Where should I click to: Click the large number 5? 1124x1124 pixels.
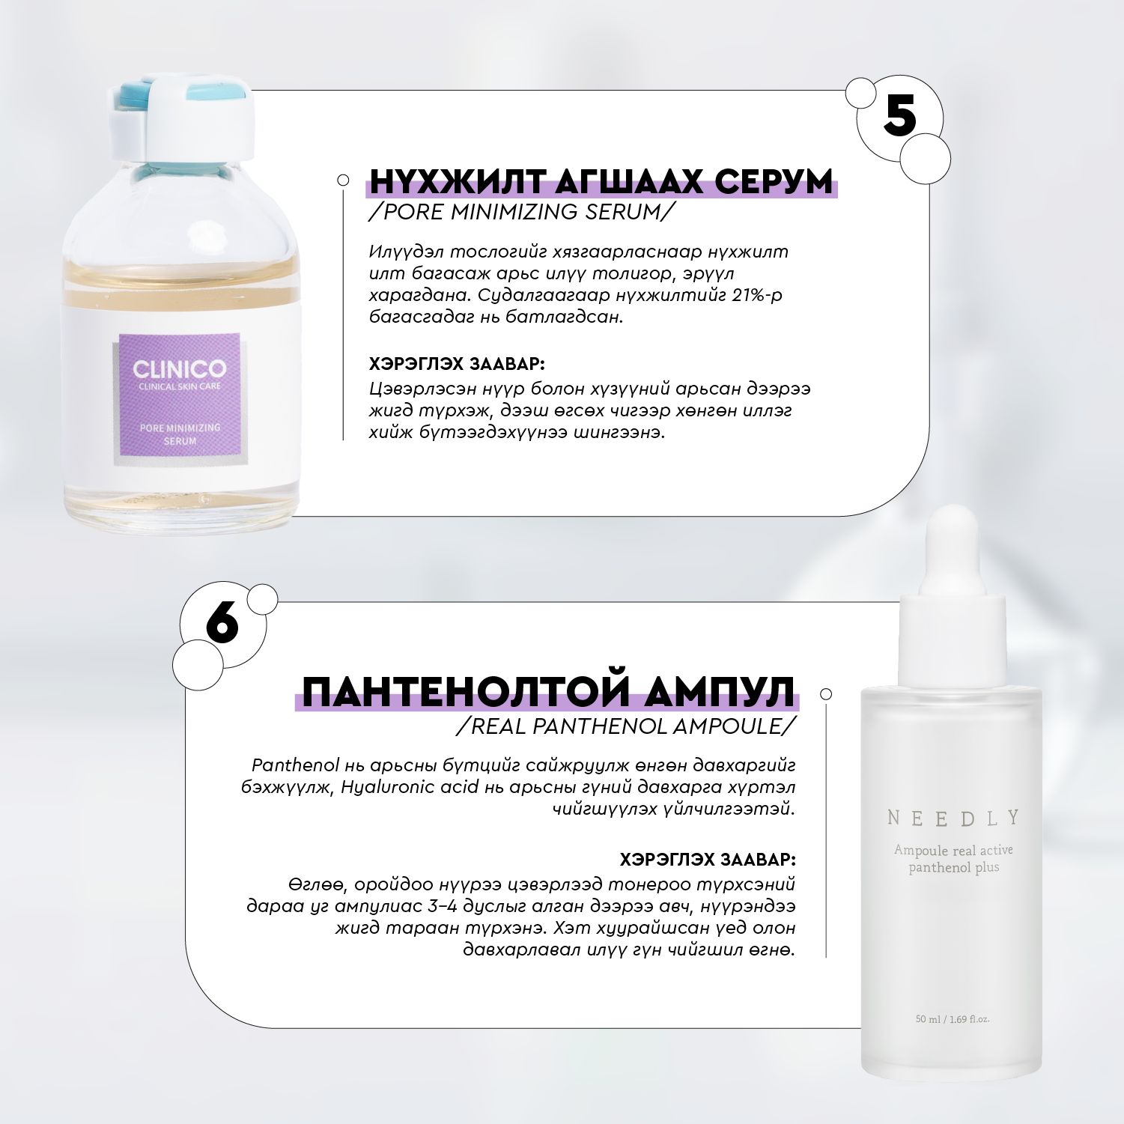(899, 115)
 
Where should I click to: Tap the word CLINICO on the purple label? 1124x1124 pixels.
(180, 369)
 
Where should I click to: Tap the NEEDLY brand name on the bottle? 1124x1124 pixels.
(953, 818)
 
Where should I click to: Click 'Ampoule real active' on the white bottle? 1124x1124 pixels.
(953, 850)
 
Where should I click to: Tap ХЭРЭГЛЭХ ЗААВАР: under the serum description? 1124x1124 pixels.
(457, 365)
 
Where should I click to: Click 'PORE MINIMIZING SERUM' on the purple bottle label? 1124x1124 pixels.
(180, 434)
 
